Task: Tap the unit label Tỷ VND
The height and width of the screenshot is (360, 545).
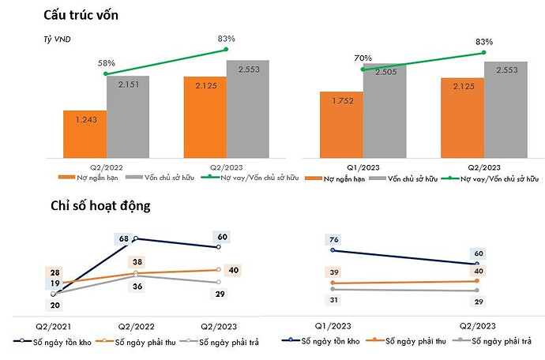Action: (x=57, y=39)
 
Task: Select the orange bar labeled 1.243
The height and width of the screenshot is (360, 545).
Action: (x=85, y=135)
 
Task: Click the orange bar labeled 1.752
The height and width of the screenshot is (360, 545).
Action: (x=341, y=125)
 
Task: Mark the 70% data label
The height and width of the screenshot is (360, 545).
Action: (x=363, y=58)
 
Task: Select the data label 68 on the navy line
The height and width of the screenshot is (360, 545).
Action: (x=123, y=238)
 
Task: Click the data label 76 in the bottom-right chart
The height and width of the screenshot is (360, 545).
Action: (x=333, y=240)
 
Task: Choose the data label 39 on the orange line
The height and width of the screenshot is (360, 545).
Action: (x=333, y=273)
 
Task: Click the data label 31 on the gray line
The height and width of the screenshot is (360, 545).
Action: (x=333, y=300)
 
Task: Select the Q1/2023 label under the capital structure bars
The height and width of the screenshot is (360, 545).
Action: (x=363, y=167)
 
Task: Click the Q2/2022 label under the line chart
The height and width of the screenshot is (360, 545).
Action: (x=136, y=325)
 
